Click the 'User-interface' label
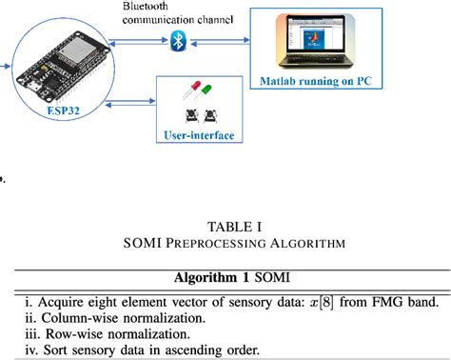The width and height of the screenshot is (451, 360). pos(206,136)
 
